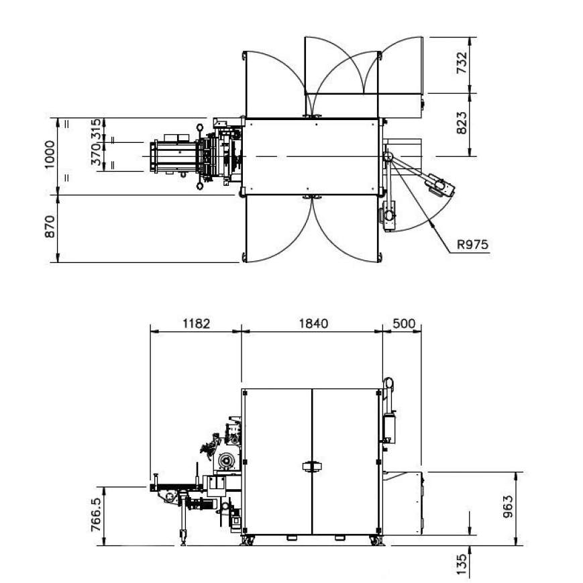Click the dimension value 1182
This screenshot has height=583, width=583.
[x=196, y=323]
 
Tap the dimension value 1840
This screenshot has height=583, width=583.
[x=312, y=323]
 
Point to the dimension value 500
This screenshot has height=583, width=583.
[x=403, y=323]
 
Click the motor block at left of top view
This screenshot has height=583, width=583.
[x=174, y=156]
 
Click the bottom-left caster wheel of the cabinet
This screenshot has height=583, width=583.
[x=248, y=540]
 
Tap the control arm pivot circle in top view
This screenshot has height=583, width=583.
[x=387, y=156]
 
